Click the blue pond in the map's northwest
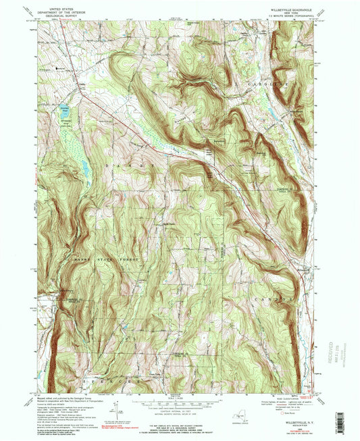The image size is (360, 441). pos(63,115)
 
